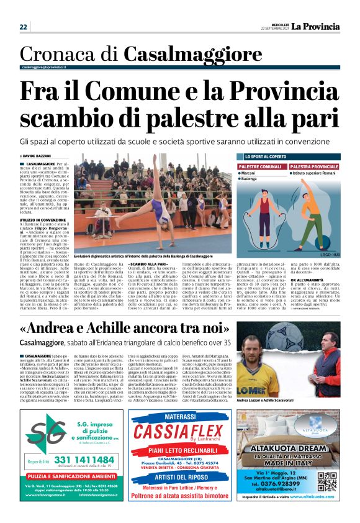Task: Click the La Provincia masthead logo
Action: pos(316,27)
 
